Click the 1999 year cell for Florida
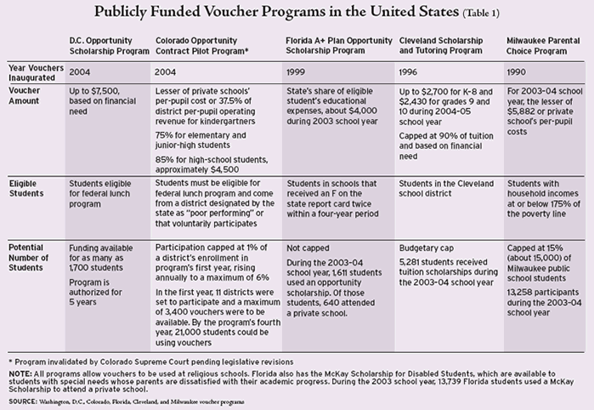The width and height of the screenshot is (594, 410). tap(295, 72)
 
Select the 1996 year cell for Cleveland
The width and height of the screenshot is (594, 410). tap(408, 72)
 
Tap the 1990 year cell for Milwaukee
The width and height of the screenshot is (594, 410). tap(516, 72)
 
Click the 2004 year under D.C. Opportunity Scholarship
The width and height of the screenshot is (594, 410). tap(80, 72)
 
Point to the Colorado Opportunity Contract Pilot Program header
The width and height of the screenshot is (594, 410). tap(201, 46)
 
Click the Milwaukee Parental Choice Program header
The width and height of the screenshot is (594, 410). tap(543, 46)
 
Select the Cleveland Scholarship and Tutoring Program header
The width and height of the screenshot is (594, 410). tap(441, 46)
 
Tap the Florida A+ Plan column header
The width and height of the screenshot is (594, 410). tap(339, 46)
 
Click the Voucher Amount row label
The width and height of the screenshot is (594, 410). tap(24, 95)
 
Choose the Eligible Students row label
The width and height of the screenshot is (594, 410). tap(26, 189)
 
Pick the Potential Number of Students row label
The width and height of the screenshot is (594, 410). tap(28, 258)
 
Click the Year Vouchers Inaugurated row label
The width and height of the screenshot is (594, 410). tap(36, 72)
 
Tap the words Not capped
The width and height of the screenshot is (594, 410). tap(308, 248)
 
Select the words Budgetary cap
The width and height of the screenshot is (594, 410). tap(427, 248)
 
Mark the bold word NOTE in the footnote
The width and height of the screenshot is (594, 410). tap(18, 374)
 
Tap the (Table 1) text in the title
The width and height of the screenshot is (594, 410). tap(481, 14)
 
